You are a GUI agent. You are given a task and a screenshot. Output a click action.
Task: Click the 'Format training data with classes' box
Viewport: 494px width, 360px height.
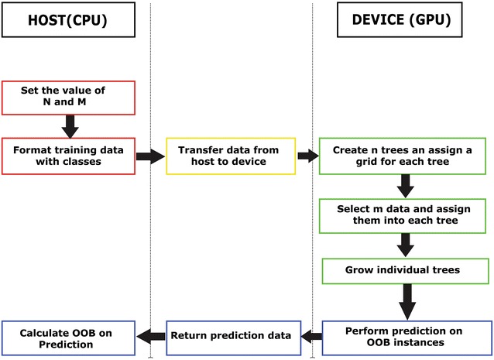click(x=67, y=156)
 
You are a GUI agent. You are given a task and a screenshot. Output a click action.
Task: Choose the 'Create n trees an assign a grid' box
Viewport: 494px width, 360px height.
click(x=404, y=156)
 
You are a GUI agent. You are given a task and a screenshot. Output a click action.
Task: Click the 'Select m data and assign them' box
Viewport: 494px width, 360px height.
click(x=404, y=214)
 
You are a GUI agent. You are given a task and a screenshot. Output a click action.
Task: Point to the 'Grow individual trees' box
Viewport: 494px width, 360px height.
click(x=405, y=271)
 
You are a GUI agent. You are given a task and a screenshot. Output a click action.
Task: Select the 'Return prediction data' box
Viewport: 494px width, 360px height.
click(x=231, y=335)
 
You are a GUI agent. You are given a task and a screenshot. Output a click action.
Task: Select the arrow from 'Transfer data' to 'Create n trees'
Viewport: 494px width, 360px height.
click(x=307, y=156)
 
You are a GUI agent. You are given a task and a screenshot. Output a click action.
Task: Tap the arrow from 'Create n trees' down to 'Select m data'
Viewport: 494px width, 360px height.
click(x=405, y=186)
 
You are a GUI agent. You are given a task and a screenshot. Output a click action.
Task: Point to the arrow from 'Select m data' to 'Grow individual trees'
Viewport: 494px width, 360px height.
click(x=405, y=244)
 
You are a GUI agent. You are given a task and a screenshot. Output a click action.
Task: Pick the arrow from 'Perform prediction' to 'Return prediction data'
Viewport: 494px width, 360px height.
click(x=310, y=335)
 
